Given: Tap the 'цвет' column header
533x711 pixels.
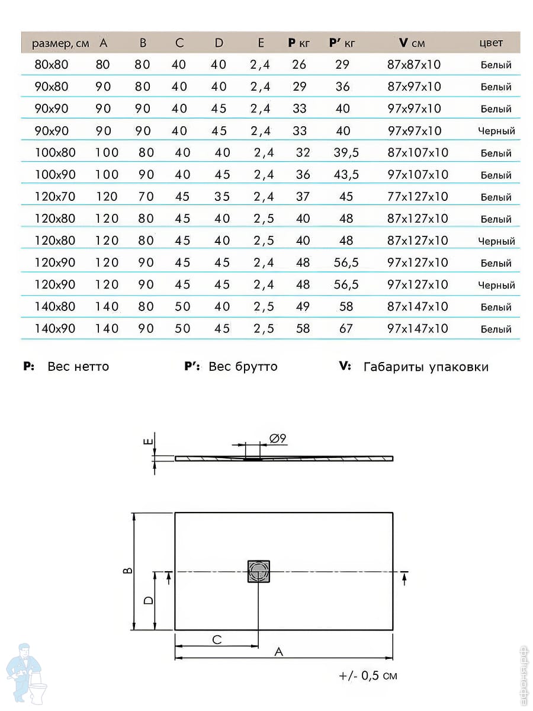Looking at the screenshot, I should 490,43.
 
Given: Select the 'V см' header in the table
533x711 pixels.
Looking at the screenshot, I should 412,43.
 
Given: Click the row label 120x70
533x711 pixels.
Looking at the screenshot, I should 55,196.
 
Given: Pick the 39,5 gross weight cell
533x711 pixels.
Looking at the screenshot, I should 346,152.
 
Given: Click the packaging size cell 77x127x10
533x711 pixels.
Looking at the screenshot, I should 418,196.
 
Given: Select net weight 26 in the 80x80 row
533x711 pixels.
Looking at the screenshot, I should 299,65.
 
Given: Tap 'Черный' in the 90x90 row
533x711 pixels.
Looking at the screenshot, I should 496,131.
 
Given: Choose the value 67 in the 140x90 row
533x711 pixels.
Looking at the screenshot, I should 346,328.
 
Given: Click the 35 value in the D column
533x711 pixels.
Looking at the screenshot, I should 221,196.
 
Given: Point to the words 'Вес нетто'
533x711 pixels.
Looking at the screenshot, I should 78,367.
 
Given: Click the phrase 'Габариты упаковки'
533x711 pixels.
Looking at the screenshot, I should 426,367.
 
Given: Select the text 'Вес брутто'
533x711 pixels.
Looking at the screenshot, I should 243,367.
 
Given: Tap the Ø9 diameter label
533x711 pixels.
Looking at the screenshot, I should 278,439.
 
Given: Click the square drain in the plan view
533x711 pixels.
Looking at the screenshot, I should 259,571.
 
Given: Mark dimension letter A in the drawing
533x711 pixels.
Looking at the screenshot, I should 279,651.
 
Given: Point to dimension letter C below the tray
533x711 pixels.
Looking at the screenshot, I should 217,639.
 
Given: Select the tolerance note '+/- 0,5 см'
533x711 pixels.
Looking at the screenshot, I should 368,675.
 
